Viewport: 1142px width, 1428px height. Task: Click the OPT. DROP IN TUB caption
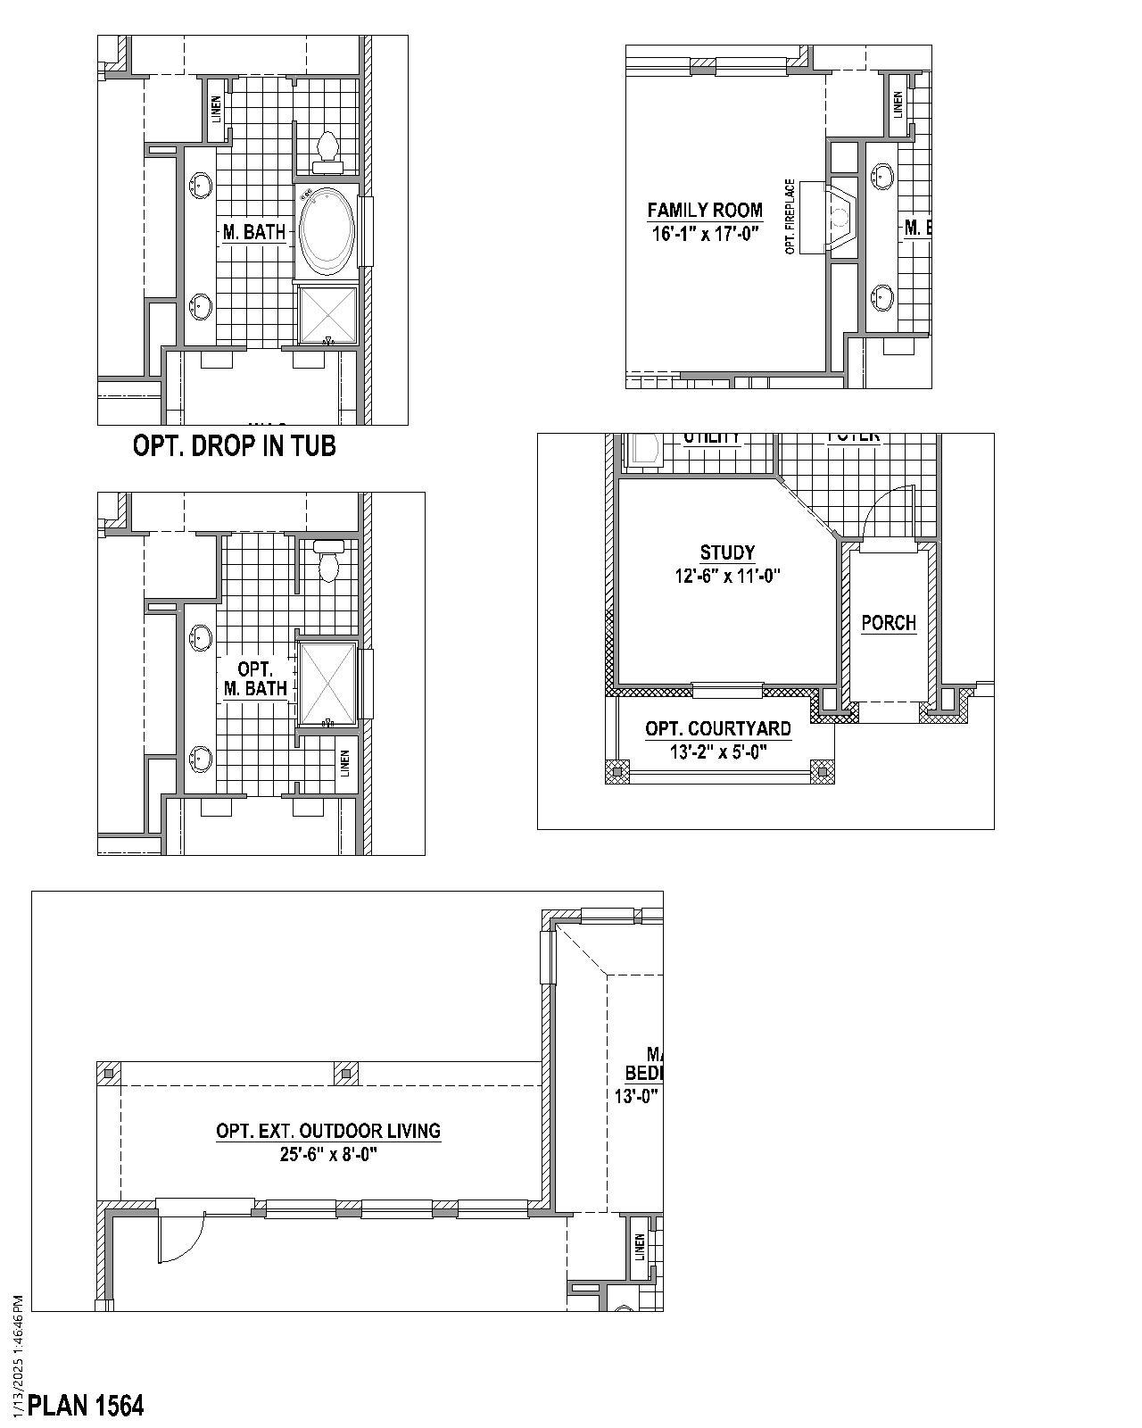[234, 445]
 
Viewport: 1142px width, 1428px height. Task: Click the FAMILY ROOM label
[705, 211]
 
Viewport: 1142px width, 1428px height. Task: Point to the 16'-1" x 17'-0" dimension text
[705, 234]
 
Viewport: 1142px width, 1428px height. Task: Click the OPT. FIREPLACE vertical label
[790, 217]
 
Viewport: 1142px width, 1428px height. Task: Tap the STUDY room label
[727, 552]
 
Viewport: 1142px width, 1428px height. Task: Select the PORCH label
[889, 623]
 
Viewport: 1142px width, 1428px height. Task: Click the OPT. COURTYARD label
[718, 729]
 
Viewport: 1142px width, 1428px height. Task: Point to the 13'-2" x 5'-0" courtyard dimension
[718, 752]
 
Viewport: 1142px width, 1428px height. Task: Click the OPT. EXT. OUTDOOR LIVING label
[328, 1131]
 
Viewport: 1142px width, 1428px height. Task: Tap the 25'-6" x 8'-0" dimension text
[328, 1154]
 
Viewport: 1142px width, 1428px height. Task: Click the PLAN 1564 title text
[86, 1406]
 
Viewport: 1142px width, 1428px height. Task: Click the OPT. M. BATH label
[254, 678]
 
